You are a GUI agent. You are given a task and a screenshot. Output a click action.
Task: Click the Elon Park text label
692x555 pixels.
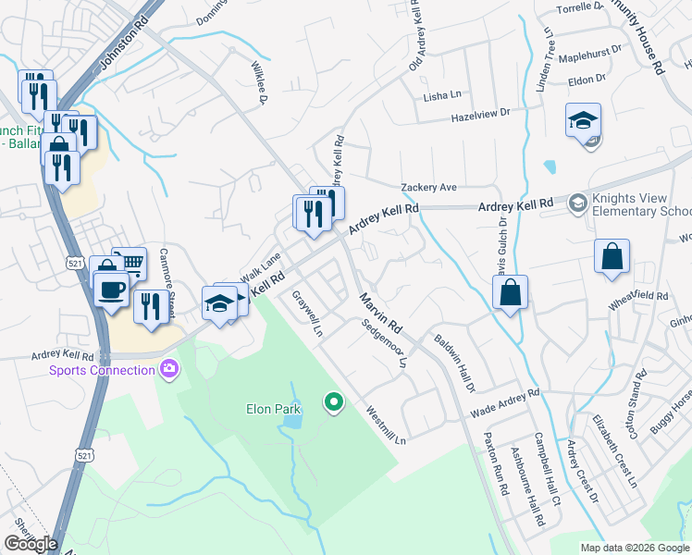click(x=274, y=408)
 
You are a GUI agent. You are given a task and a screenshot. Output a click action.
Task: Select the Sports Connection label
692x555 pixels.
click(x=102, y=371)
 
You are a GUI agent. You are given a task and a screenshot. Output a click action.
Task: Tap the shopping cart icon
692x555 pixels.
click(x=130, y=264)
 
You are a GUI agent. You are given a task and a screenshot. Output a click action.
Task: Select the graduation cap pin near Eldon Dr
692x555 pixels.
click(x=584, y=121)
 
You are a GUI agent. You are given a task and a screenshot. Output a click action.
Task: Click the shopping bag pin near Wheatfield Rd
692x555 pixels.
click(x=612, y=256)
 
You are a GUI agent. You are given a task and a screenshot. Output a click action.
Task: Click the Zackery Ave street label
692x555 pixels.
click(x=429, y=187)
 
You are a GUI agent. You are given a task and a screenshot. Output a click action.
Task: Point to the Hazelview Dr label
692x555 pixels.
click(x=480, y=114)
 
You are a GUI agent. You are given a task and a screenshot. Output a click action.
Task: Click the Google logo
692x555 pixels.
click(x=31, y=544)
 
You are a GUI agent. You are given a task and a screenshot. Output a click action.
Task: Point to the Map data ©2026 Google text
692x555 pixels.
click(x=634, y=548)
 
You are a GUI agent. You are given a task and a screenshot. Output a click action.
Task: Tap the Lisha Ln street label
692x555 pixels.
click(x=441, y=95)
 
